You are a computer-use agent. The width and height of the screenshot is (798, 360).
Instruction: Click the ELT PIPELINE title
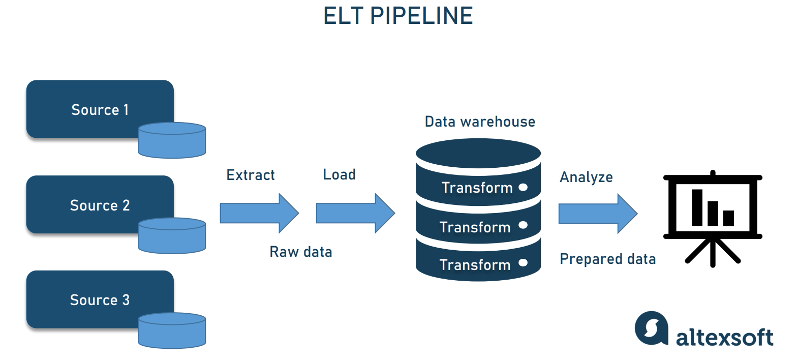coord(398,16)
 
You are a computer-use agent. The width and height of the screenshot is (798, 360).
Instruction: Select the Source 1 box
coord(100,109)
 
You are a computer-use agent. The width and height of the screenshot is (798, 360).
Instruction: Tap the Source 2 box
coord(100,205)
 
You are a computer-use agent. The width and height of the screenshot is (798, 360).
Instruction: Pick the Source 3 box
coord(100,299)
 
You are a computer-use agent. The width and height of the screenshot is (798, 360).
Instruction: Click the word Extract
coord(250,175)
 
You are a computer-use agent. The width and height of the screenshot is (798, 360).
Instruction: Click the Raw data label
coord(300,252)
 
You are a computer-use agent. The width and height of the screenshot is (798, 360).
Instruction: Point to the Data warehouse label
coord(480,122)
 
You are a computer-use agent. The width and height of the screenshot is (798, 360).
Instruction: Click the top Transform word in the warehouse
coord(477,188)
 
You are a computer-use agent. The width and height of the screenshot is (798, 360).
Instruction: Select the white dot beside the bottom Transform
coord(523,263)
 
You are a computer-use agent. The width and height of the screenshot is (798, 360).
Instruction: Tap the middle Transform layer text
coord(475,227)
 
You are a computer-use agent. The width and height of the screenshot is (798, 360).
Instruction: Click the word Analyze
coord(586,177)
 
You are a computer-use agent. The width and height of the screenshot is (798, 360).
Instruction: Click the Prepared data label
coord(607,259)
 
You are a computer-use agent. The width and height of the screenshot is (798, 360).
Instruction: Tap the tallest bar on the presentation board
coord(697,207)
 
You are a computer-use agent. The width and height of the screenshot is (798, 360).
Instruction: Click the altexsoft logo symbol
coord(651,328)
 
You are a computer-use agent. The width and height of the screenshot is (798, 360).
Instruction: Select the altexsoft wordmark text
coord(724,337)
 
